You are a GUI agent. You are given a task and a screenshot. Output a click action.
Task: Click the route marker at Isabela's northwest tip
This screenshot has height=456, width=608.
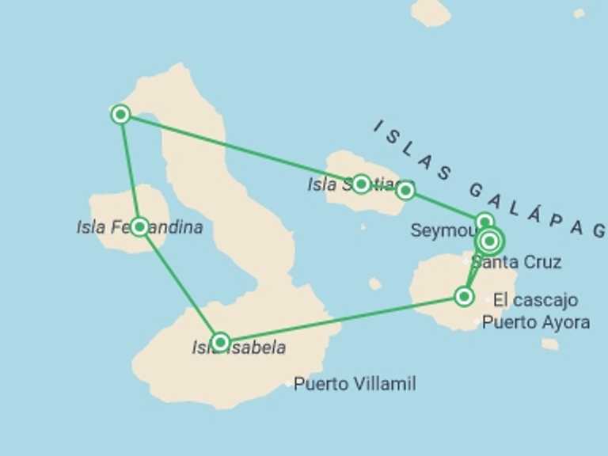click(x=120, y=115)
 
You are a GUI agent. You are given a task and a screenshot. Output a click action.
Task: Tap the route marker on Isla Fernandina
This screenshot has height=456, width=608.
click(x=139, y=227)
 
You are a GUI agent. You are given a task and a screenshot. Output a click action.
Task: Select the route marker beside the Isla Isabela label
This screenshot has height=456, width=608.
click(x=221, y=342)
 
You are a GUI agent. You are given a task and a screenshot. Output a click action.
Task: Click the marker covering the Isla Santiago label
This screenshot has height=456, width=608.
click(x=361, y=184)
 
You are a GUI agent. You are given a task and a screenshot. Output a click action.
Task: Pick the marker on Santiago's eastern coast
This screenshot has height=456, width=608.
click(x=405, y=190)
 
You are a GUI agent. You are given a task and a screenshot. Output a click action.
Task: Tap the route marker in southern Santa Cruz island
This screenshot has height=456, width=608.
click(x=464, y=297)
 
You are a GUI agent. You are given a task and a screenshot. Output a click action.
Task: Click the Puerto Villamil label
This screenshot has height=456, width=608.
click(x=354, y=385)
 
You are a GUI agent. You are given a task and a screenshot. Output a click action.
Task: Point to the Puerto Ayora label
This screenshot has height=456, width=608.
click(x=535, y=322)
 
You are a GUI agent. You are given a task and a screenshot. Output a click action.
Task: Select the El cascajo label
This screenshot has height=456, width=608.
click(x=535, y=301)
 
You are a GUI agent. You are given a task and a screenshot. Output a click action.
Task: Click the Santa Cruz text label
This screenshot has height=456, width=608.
click(x=516, y=263)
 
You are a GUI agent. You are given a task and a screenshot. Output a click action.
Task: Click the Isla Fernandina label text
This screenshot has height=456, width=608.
click(x=139, y=228)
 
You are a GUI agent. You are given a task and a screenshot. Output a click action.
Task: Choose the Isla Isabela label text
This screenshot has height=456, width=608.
click(x=238, y=348)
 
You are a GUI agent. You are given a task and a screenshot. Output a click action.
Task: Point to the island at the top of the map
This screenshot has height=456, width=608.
click(x=431, y=11)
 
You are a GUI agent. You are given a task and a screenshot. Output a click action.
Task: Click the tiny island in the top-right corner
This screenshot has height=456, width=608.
click(x=579, y=13)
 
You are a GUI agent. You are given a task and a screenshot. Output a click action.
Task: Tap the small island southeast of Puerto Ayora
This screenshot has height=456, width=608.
click(x=550, y=344)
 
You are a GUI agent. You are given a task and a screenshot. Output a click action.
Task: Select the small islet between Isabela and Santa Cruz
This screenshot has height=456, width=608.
click(x=374, y=283)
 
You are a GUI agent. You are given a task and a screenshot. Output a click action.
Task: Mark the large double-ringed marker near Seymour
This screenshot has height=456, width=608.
click(x=490, y=240)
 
